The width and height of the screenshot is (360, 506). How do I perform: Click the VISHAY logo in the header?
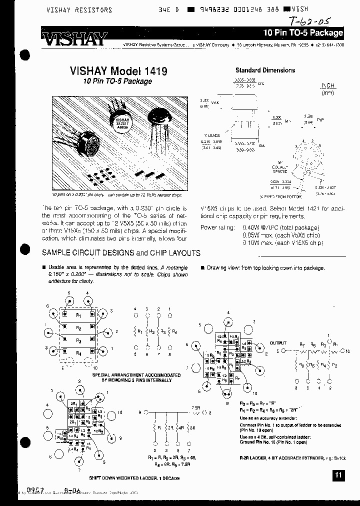74,39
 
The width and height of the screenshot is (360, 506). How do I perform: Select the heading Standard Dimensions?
265,70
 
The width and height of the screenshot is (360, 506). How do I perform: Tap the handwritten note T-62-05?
310,21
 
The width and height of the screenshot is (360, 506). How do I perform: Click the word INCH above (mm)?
327,86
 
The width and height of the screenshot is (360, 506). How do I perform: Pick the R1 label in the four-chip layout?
78,315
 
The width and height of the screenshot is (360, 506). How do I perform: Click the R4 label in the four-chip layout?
78,353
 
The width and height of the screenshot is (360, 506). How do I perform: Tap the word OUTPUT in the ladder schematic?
278,343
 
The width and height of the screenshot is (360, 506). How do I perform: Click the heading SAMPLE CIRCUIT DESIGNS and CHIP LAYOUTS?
121,253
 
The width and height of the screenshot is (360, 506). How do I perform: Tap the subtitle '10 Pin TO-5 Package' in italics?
118,81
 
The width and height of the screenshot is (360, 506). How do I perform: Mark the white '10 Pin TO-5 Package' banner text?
303,33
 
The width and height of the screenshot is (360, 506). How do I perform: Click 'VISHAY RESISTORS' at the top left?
79,10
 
